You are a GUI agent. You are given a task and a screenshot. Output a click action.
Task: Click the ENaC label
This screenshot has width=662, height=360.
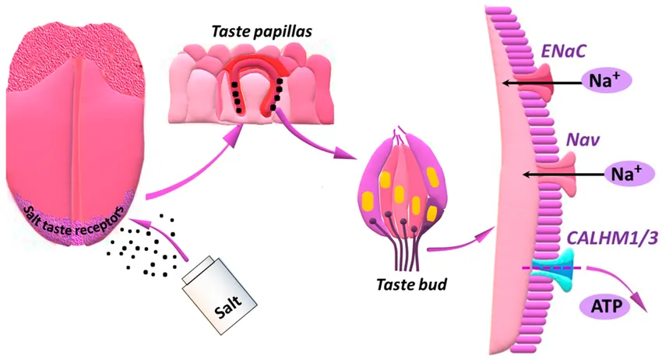(x=564, y=51)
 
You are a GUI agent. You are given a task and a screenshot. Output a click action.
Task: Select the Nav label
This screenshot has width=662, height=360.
(x=583, y=139)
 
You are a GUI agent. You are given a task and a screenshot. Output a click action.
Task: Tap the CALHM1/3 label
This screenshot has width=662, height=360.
(x=612, y=238)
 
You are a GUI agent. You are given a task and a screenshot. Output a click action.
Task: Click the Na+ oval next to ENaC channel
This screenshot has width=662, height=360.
(x=607, y=79)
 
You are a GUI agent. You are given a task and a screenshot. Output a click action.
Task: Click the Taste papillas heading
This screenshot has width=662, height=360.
(x=262, y=32)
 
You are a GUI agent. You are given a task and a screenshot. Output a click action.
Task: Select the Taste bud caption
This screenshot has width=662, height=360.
(x=411, y=284)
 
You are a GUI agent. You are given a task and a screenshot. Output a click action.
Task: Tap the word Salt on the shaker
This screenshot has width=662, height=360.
(x=228, y=306)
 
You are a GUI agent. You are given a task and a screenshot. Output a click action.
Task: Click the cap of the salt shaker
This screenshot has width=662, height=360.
(x=197, y=269)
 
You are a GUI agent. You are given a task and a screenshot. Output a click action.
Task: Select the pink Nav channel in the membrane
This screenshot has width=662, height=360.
(x=558, y=174)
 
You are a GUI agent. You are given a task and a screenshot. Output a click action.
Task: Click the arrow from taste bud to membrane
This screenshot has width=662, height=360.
(x=461, y=242)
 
